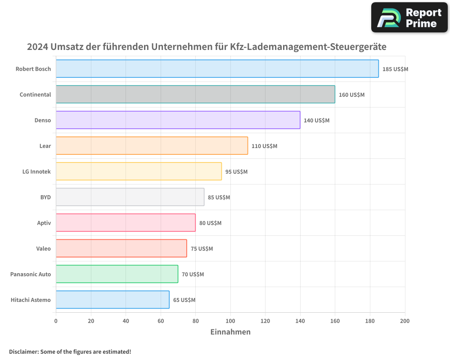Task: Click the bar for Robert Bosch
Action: [217, 69]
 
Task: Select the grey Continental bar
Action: [195, 94]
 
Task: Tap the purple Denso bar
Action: [178, 120]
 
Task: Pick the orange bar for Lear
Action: [152, 146]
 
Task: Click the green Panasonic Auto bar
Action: [117, 274]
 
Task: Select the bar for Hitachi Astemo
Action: [112, 300]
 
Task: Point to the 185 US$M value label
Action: [395, 69]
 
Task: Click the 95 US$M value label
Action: [236, 172]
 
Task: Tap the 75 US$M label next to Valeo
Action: [202, 249]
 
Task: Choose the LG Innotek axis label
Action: [36, 171]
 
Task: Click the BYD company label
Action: [45, 197]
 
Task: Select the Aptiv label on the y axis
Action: [44, 223]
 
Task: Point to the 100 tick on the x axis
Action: [230, 321]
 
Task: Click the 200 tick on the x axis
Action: [405, 321]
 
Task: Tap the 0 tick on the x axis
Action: [56, 321]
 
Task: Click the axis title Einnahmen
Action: [230, 332]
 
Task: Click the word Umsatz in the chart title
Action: [69, 47]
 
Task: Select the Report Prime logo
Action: [409, 18]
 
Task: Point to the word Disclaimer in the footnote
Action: [23, 351]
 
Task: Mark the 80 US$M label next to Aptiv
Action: [210, 223]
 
